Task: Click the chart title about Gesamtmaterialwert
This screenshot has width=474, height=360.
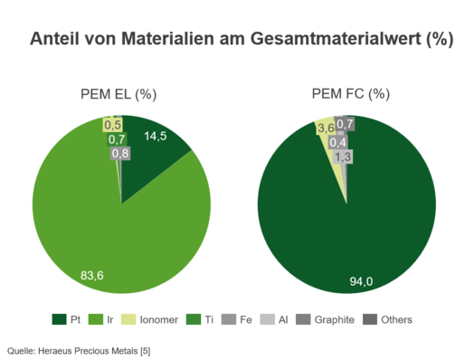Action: [x=241, y=41]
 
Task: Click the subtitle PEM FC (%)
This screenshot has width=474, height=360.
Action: [x=350, y=94]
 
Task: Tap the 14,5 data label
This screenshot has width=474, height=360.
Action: [x=156, y=136]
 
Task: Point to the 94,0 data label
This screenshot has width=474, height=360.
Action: [x=363, y=282]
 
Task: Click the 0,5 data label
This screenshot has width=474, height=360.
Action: [x=113, y=124]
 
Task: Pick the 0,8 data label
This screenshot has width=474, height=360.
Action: [x=119, y=154]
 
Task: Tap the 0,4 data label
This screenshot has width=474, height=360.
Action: [x=338, y=142]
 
